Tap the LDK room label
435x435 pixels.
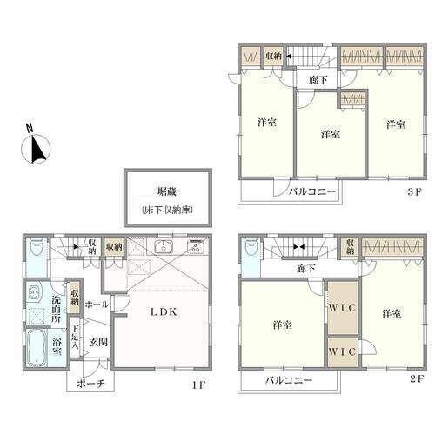(x=164, y=311)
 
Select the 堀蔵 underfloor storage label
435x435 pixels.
(x=167, y=192)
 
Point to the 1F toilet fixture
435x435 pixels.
(x=37, y=246)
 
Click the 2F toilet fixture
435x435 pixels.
(x=251, y=246)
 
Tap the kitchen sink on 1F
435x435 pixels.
(x=164, y=246)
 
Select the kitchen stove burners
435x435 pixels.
(x=197, y=246)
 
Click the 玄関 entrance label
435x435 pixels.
(x=98, y=342)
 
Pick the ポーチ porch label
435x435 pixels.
(x=90, y=384)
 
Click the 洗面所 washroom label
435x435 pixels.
(x=56, y=309)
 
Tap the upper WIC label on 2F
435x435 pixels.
(x=342, y=308)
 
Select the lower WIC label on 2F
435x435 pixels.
(x=342, y=351)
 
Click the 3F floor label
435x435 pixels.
(x=414, y=191)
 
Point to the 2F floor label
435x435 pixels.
(x=418, y=378)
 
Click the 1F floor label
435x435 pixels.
(x=198, y=385)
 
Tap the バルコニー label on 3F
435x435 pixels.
(x=312, y=191)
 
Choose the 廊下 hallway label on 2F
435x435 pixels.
(x=306, y=269)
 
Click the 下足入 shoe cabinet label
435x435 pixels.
(x=75, y=337)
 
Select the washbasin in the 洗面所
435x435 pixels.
(x=34, y=292)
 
